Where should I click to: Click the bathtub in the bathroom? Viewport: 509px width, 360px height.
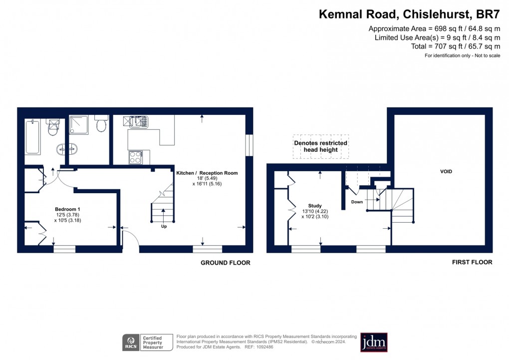coord(32,136)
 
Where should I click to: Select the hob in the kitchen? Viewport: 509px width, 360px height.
coord(135,157)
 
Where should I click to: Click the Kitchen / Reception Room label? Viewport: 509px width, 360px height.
coord(207,173)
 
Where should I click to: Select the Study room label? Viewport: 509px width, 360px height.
coord(315,206)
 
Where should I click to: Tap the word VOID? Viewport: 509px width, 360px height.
coord(446,171)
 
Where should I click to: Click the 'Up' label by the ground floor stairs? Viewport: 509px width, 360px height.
coord(164,226)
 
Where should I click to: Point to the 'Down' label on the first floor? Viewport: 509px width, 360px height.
coord(357,202)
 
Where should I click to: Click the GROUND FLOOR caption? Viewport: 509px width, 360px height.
coord(225,263)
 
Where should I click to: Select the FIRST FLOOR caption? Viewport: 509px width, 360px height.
coord(472,262)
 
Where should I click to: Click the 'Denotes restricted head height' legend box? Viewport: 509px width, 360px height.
coord(320,146)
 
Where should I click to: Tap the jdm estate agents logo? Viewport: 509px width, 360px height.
coord(374,343)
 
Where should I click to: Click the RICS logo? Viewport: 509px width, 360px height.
coord(131,343)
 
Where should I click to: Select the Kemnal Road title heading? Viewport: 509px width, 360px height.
coord(409,13)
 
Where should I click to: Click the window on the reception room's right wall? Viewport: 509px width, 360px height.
coord(249,145)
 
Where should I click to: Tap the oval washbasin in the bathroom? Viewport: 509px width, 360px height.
coord(67,148)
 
